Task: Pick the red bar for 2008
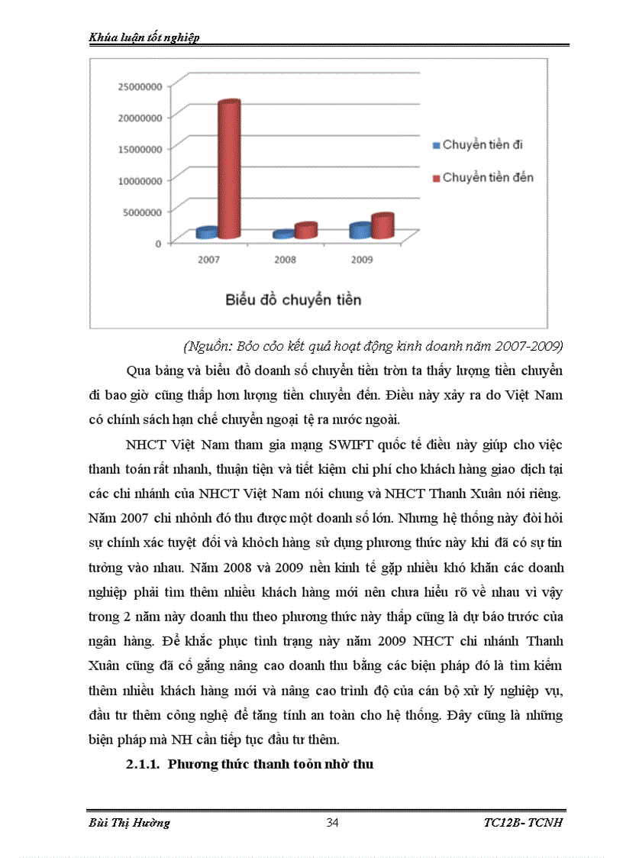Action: pos(305,229)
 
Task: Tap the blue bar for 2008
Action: pos(283,235)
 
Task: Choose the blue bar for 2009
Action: pos(360,230)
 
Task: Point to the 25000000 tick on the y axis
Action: pos(139,86)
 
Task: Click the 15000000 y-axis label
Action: pos(139,149)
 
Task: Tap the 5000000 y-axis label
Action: pos(142,212)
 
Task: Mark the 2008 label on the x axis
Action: pos(285,260)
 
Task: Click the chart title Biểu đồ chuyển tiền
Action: pos(293,299)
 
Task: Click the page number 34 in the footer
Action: pos(332,822)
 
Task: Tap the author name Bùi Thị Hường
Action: pos(125,822)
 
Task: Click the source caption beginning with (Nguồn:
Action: pos(373,346)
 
